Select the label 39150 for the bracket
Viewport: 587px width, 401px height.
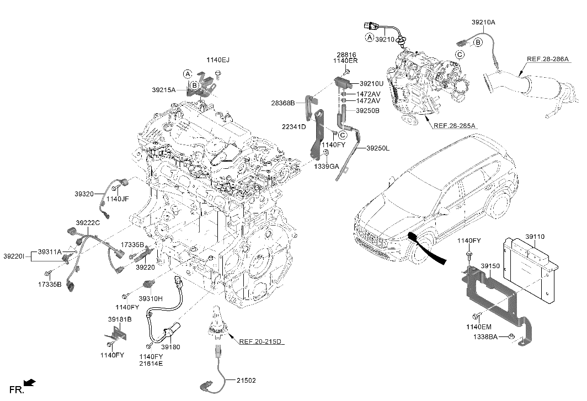(490, 266)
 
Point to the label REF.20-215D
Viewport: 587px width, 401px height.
(261, 341)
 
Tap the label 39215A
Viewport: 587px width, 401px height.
(164, 89)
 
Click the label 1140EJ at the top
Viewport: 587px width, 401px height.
(218, 59)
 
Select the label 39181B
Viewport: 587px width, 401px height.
(119, 319)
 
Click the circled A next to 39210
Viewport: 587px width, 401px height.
(369, 37)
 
